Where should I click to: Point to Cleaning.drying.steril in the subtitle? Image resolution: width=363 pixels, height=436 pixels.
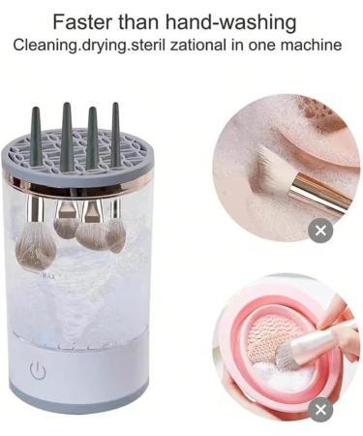click(x=86, y=45)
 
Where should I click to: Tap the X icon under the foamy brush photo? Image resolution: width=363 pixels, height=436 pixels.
click(x=320, y=230)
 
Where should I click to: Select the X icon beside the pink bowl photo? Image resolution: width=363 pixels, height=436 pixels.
click(x=320, y=410)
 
